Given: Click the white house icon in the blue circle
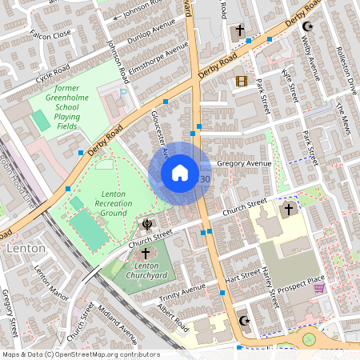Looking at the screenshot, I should (180, 173).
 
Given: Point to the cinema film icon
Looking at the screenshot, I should (241, 81).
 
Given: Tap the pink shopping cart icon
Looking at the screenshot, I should (319, 287).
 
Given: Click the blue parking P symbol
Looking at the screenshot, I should (122, 93).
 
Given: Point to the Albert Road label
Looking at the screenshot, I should (172, 317).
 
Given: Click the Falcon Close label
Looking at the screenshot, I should (50, 34).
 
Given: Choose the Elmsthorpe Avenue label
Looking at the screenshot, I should (156, 54).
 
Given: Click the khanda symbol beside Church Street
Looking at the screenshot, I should (147, 224).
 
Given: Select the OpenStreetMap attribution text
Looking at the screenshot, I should (81, 354).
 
